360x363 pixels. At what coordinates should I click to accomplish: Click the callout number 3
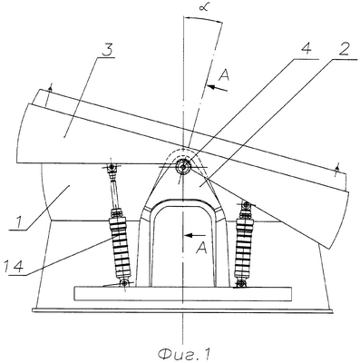click(x=107, y=50)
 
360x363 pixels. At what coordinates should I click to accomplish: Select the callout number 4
click(x=306, y=49)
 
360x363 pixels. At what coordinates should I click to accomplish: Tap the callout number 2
click(x=345, y=49)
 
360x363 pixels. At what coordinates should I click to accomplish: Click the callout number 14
click(x=14, y=266)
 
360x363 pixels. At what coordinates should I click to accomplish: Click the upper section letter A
click(x=224, y=74)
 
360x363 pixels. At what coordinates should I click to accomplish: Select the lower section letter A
click(x=201, y=249)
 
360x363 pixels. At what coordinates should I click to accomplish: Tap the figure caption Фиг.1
click(x=183, y=354)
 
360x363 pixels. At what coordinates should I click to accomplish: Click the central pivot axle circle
click(x=183, y=166)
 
